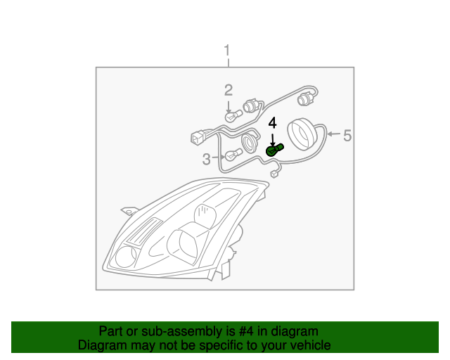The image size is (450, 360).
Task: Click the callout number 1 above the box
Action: (x=226, y=51)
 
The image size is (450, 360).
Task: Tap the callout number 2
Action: (x=229, y=90)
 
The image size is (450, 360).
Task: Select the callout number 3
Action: (x=207, y=160)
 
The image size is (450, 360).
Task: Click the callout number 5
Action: (x=347, y=135)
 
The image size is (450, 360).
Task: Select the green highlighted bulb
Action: (x=274, y=150)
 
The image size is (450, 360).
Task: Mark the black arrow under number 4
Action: (x=274, y=139)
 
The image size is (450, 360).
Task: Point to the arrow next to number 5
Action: (x=333, y=134)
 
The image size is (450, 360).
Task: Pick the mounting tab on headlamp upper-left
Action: (x=127, y=210)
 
